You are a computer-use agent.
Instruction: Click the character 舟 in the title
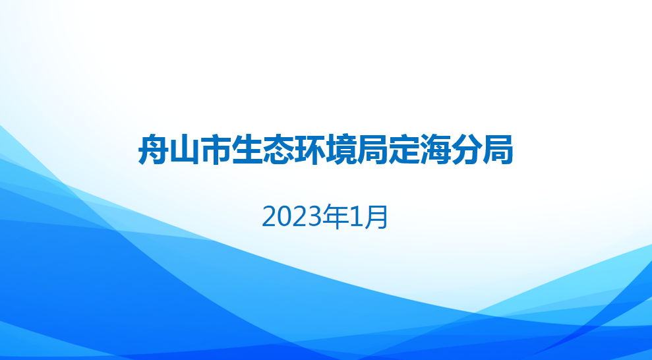point(154,150)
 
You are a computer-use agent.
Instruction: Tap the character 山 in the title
point(185,150)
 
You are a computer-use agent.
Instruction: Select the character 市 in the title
point(216,150)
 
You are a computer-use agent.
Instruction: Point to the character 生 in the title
point(247,150)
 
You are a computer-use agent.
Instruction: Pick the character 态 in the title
point(279,150)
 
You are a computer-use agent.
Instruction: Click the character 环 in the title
point(310,150)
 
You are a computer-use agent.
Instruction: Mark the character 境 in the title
point(341,150)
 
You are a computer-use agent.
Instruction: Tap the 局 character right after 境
point(372,150)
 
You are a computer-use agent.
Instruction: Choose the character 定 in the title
point(403,150)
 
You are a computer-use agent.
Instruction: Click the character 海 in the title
point(435,150)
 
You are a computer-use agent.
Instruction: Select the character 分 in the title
point(466,150)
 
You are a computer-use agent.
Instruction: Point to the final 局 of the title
point(497,150)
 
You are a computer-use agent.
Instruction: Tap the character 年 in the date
point(336,217)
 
